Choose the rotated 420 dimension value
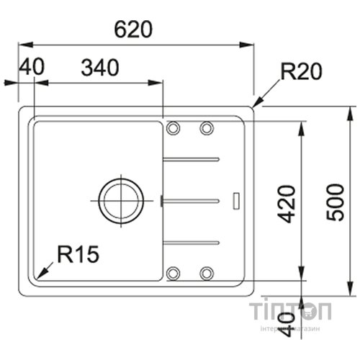[x=287, y=204]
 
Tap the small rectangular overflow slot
[x=236, y=199]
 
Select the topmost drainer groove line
[x=192, y=158]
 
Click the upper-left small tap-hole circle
[x=173, y=128]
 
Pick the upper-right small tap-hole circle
[x=207, y=128]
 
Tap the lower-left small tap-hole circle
[x=173, y=273]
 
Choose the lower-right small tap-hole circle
[x=207, y=273]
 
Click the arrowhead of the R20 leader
[x=255, y=105]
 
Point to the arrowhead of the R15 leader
[x=38, y=277]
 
